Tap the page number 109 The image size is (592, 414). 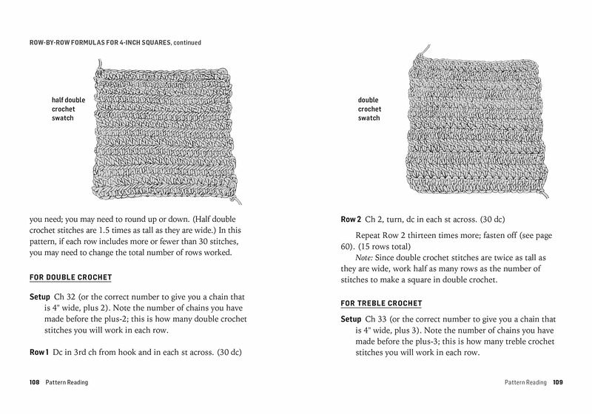tap(557, 382)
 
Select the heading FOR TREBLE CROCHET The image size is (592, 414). tap(380, 303)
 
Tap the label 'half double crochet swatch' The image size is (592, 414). tap(68, 109)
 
